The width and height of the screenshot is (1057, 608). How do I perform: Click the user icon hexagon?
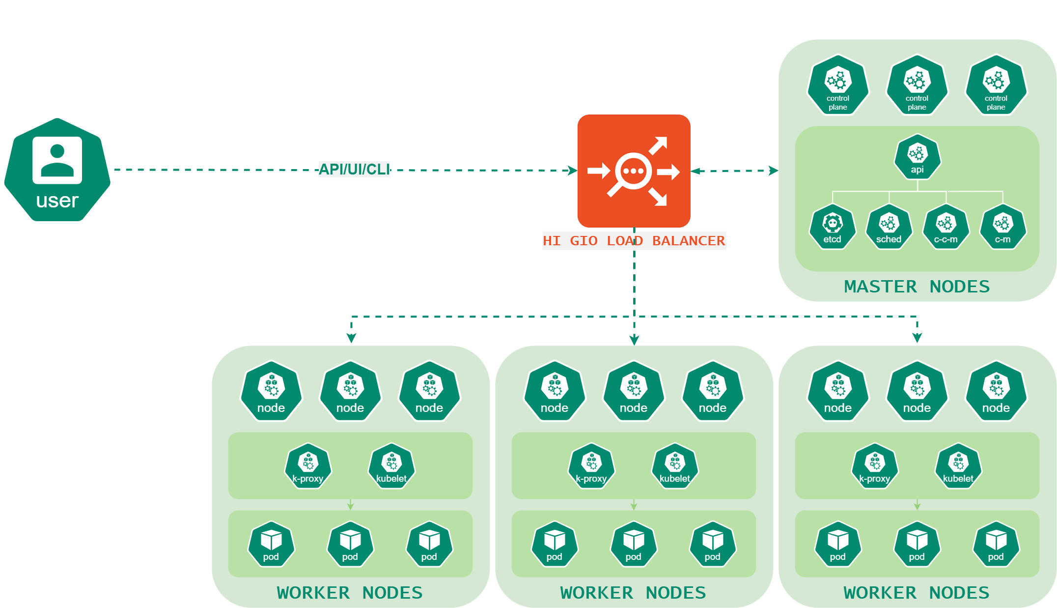[x=57, y=170]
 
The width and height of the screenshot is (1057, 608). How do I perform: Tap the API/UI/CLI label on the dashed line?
[x=354, y=169]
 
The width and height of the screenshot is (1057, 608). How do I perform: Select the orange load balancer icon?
[x=634, y=171]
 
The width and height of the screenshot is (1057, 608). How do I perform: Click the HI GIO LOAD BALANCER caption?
[x=634, y=241]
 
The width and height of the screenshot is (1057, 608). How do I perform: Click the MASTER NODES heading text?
[x=917, y=287]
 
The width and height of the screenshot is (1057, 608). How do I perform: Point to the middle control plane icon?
[x=917, y=86]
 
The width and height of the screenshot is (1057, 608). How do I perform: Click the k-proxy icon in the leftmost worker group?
[x=308, y=466]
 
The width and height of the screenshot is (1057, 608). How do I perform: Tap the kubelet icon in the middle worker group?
[x=674, y=466]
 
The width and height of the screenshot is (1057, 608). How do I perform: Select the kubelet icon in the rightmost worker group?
[x=958, y=466]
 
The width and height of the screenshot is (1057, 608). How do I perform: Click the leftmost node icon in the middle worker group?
[x=555, y=391]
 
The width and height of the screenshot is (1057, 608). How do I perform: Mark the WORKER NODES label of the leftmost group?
[x=350, y=593]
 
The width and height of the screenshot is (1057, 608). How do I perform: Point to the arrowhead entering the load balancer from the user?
[x=572, y=171]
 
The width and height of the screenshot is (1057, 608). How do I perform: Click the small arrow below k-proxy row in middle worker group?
[x=634, y=505]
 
